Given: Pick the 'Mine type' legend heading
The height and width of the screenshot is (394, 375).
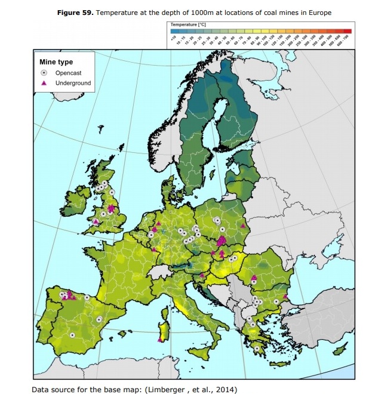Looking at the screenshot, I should [56, 61].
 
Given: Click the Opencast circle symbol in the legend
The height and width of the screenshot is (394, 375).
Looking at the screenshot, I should [44, 72].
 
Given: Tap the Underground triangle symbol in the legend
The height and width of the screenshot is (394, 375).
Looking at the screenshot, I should [44, 83].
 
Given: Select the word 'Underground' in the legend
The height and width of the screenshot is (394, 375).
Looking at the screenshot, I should [73, 83].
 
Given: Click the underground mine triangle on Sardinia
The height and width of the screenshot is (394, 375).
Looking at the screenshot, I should [160, 339].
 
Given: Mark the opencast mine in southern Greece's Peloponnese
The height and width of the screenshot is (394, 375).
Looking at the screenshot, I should [256, 348].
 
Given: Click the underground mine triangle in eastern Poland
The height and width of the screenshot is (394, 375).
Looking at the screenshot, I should [243, 226].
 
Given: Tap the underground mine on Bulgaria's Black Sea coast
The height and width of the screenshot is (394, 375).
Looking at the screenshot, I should [286, 296].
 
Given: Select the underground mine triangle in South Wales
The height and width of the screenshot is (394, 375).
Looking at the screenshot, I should [96, 221].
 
